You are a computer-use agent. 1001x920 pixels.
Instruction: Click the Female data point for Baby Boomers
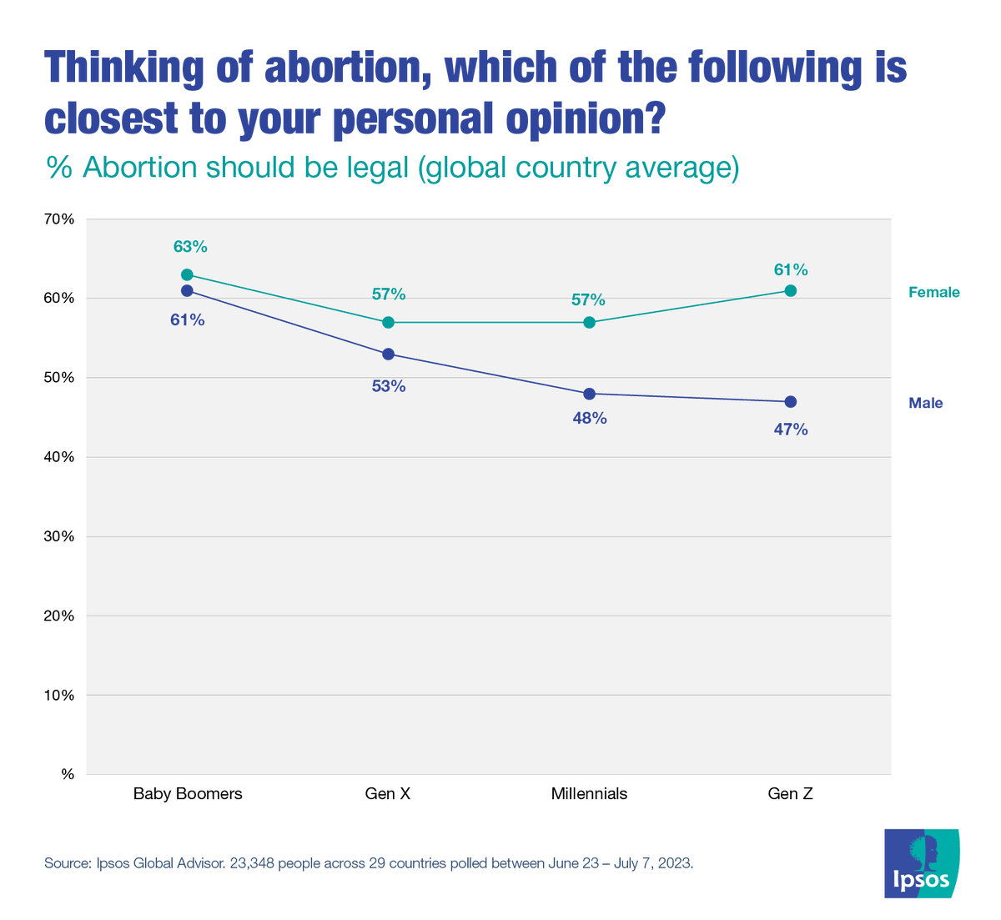(x=187, y=274)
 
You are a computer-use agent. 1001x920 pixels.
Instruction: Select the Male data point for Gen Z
(x=791, y=401)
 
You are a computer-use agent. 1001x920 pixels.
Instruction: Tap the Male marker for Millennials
(x=590, y=394)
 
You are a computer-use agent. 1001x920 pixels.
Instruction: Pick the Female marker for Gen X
(x=388, y=322)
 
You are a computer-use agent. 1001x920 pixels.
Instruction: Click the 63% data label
(x=190, y=247)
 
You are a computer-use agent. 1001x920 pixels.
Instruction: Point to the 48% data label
(x=590, y=419)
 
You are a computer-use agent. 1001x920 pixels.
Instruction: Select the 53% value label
(x=389, y=386)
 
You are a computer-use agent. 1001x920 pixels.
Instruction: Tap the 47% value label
(x=791, y=430)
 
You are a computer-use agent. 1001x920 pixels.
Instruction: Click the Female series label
(x=933, y=292)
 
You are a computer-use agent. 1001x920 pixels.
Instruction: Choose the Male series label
(x=925, y=403)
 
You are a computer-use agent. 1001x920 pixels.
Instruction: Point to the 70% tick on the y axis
(x=59, y=219)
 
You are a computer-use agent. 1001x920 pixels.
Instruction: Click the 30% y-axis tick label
(x=59, y=536)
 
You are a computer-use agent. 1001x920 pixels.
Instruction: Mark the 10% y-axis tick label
(x=59, y=695)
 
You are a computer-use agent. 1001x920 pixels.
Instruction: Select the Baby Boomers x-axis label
(x=188, y=794)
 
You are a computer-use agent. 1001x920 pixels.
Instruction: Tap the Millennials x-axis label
(x=589, y=794)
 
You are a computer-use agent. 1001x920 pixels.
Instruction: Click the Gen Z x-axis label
(x=790, y=794)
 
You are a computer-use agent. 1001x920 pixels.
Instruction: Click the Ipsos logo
(x=922, y=863)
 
